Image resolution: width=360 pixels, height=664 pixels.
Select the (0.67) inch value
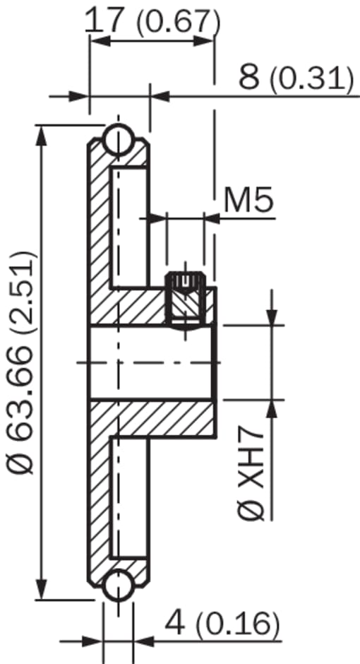(178, 23)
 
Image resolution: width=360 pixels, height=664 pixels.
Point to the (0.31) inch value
(311, 80)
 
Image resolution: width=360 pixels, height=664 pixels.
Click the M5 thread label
(248, 201)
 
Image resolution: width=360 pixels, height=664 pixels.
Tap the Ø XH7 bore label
(251, 476)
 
